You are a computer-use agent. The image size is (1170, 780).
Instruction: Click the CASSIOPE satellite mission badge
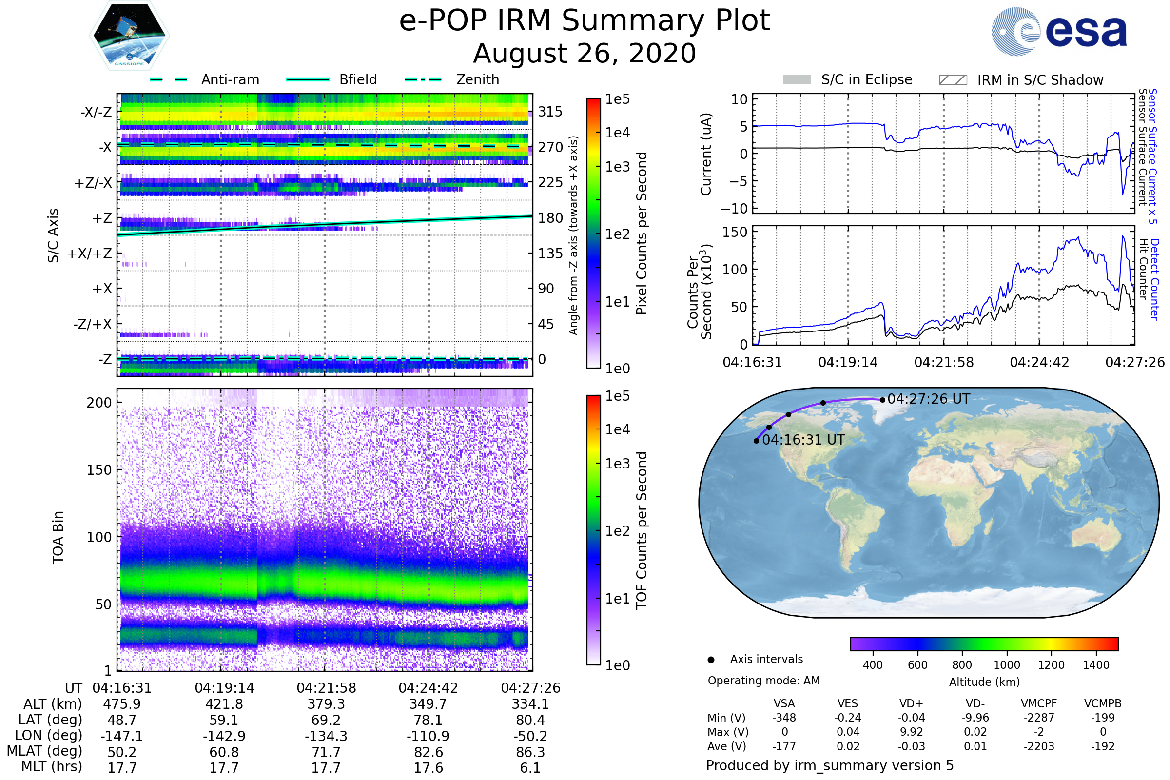tap(129, 35)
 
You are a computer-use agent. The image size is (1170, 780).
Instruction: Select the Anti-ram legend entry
tap(230, 79)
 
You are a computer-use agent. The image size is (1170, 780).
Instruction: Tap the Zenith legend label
tap(478, 79)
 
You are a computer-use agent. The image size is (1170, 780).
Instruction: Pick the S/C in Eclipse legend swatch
tap(797, 79)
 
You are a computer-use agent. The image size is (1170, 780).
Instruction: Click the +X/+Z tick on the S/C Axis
tap(90, 253)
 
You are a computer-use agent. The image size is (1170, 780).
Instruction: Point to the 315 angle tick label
tap(550, 112)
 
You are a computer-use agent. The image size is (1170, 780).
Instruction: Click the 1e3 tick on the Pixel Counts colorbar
tap(617, 167)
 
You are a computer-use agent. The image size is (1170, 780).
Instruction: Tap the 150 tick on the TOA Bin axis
tap(99, 470)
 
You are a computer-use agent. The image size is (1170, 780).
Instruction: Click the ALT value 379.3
tap(326, 704)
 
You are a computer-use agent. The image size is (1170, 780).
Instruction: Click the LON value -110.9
tap(428, 736)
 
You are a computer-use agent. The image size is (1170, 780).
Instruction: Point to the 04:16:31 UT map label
tap(803, 440)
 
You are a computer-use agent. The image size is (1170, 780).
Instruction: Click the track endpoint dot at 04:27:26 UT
tap(882, 399)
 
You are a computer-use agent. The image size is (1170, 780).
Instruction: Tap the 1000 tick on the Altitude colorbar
tap(1007, 665)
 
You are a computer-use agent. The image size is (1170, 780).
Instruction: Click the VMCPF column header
tap(1039, 704)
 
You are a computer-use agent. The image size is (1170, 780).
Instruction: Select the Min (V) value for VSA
tap(784, 718)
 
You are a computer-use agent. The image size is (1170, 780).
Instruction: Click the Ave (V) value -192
tap(1102, 746)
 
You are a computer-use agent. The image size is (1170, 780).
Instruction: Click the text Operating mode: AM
tap(763, 681)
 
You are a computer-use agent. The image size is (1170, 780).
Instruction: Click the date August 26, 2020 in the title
tap(585, 53)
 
